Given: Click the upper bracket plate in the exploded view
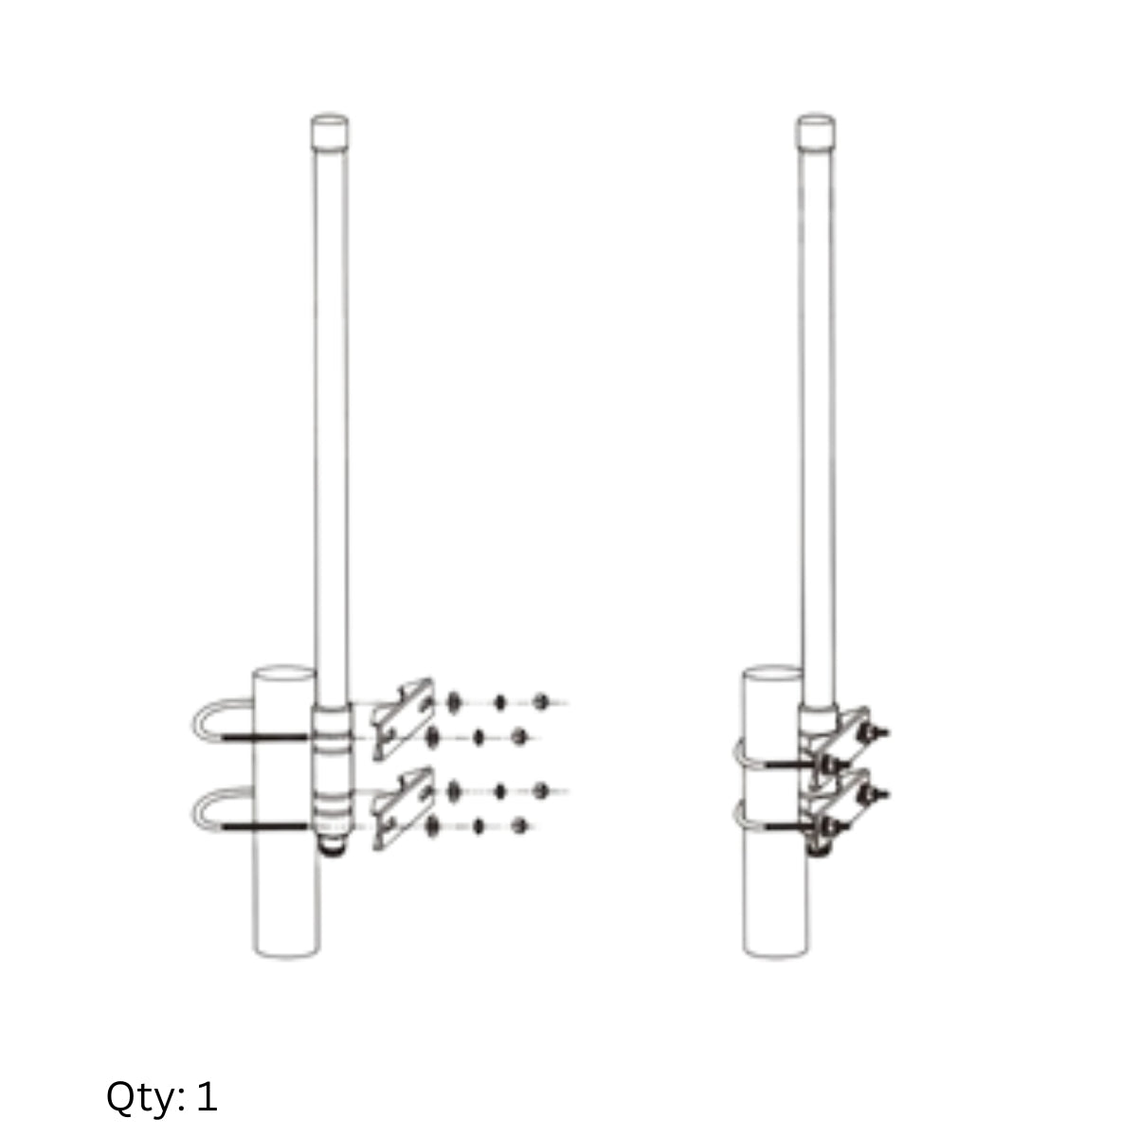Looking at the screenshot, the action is [x=404, y=718].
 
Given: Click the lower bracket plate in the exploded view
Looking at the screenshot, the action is [x=404, y=808].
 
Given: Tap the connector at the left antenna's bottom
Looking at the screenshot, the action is [x=333, y=848].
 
